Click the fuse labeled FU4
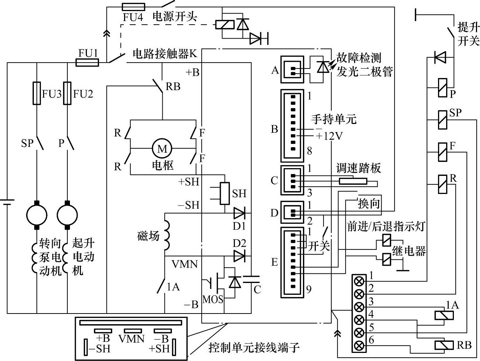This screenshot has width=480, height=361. pyautogui.click(x=133, y=7)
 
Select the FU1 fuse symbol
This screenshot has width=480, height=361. pyautogui.click(x=87, y=63)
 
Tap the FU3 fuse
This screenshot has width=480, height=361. pyautogui.click(x=37, y=93)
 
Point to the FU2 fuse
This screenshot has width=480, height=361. pyautogui.click(x=67, y=93)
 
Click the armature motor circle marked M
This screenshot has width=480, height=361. pyautogui.click(x=162, y=149)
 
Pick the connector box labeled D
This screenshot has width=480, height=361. pyautogui.click(x=292, y=213)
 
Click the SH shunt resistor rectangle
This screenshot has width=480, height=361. pyautogui.click(x=225, y=193)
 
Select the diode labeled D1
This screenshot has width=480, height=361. pyautogui.click(x=239, y=213)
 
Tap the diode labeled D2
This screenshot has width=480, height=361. pyautogui.click(x=239, y=255)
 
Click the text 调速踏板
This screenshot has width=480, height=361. pyautogui.click(x=358, y=168)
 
